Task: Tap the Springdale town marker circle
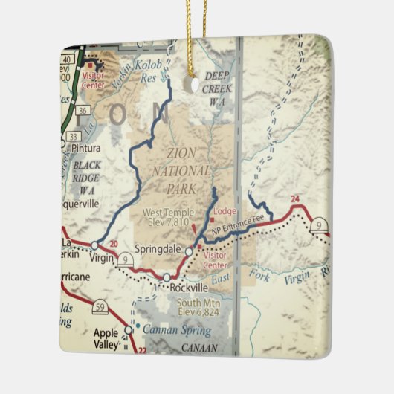pos(189,252)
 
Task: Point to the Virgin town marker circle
pos(94,245)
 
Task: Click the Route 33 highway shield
pos(73,136)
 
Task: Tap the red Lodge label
pos(225,211)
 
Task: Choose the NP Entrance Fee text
pos(237,228)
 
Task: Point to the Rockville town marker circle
pos(167,277)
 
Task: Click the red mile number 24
pos(295,198)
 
